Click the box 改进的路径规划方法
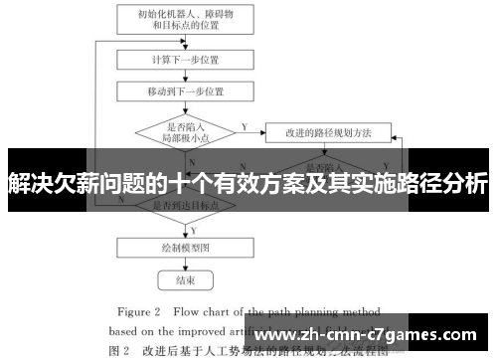click(327, 131)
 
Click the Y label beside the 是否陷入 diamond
click(245, 126)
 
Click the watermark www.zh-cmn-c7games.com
click(377, 337)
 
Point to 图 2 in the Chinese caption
click(118, 349)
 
